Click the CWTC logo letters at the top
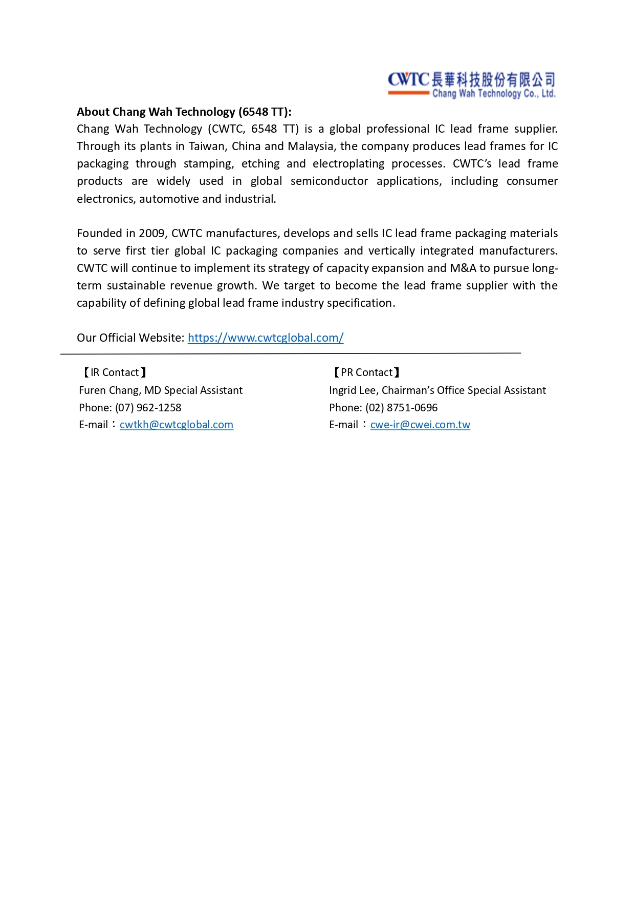408,79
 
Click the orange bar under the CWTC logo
408,93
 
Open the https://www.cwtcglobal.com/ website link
266,338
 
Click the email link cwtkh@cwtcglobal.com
177,425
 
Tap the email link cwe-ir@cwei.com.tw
420,425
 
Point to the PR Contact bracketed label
366,372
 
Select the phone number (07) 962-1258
148,408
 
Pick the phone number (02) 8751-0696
401,408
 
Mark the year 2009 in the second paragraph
151,234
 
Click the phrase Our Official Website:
130,338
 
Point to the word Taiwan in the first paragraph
207,147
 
